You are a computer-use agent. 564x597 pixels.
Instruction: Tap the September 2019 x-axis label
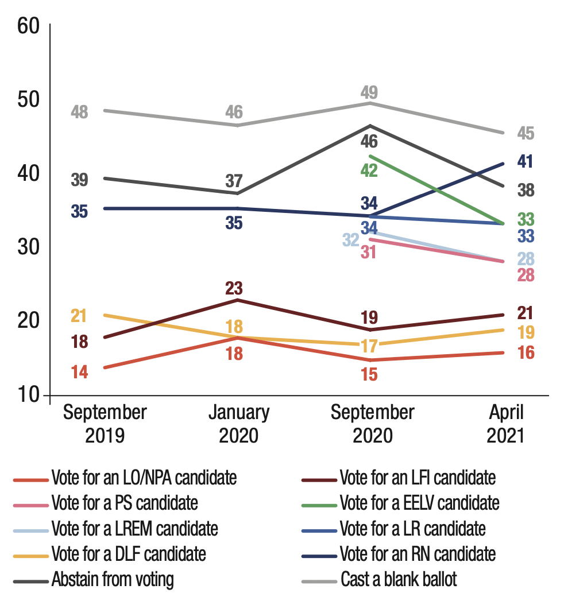click(105, 424)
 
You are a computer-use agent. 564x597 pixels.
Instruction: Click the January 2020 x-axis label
click(238, 424)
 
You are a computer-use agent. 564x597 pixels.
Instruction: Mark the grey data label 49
click(369, 92)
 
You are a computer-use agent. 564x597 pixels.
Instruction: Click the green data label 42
click(369, 170)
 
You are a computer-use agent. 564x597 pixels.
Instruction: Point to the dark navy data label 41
click(525, 162)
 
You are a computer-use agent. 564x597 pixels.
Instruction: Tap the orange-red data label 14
click(79, 372)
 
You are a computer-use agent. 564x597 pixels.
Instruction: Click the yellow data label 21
click(79, 316)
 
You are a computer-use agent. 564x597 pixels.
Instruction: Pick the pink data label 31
click(369, 251)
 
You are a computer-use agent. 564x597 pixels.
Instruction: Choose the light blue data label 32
click(351, 239)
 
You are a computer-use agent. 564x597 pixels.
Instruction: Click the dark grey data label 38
click(525, 191)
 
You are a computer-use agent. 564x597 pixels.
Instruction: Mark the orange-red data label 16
click(525, 353)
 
